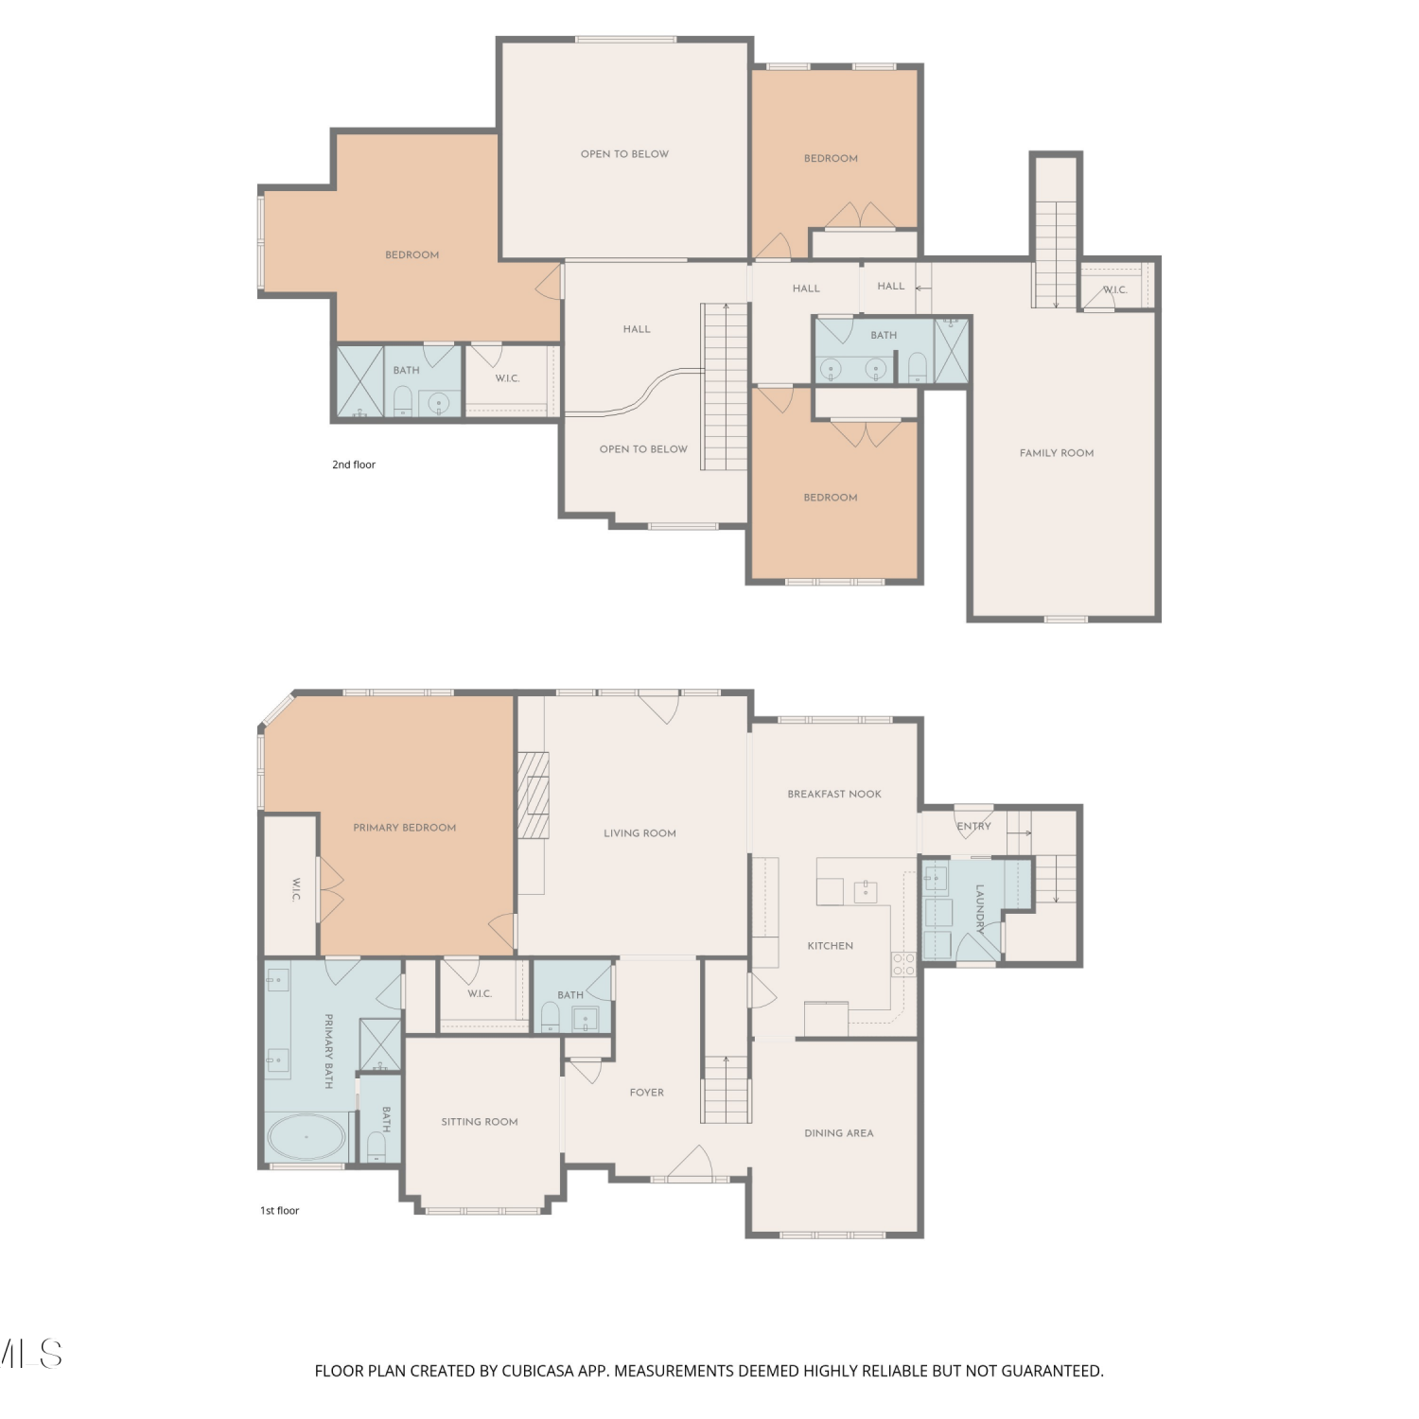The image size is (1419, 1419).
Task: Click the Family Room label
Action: [1057, 453]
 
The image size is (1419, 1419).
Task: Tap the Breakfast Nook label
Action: [834, 794]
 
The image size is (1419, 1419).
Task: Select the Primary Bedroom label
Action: [405, 828]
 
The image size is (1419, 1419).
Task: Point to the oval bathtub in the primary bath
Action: [306, 1137]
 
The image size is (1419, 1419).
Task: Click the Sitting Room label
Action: [480, 1122]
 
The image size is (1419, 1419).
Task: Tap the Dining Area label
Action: [839, 1133]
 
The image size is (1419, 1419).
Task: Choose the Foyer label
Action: [647, 1093]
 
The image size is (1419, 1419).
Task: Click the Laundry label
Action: [980, 909]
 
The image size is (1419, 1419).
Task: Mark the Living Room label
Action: [640, 833]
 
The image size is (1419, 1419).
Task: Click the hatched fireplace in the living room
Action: [534, 796]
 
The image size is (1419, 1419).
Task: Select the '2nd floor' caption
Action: [354, 464]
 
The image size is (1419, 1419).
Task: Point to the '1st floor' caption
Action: [280, 1210]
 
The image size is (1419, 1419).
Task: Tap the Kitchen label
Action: [831, 946]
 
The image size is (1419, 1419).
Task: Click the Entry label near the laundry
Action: [974, 826]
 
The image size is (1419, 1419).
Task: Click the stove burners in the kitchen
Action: [903, 965]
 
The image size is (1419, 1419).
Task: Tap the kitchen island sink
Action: [866, 891]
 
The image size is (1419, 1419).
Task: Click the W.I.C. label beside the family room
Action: [1115, 289]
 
